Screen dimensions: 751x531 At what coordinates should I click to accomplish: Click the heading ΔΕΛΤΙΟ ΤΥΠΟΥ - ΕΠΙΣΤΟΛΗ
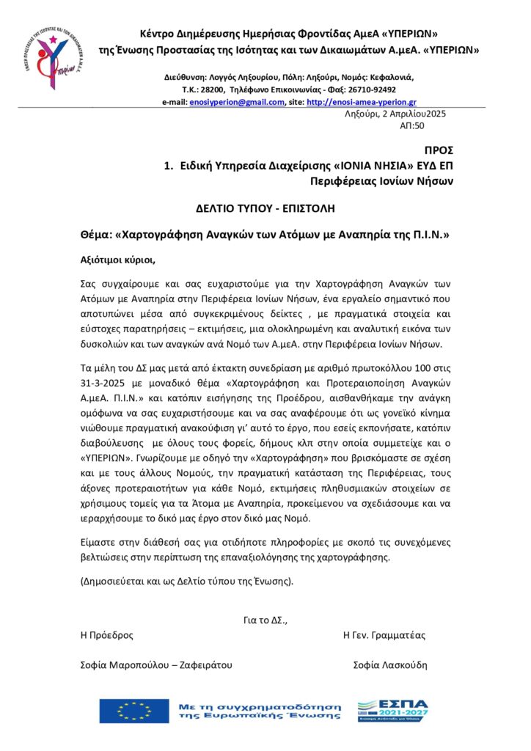click(265, 208)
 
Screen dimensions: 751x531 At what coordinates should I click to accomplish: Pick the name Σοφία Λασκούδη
click(389, 665)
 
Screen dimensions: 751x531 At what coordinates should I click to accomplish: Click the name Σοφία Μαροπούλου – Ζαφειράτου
click(156, 665)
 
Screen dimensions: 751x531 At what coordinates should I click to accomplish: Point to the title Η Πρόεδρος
click(107, 635)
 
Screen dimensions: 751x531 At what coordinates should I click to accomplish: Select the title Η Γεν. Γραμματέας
click(384, 635)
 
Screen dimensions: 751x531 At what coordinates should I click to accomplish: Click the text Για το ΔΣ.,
click(265, 620)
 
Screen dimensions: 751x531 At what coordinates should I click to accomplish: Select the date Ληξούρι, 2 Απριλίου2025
click(395, 114)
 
